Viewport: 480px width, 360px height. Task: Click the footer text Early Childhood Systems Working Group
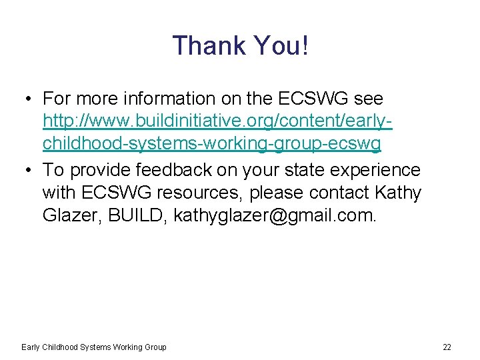(x=94, y=347)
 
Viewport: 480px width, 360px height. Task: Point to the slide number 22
(x=447, y=347)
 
